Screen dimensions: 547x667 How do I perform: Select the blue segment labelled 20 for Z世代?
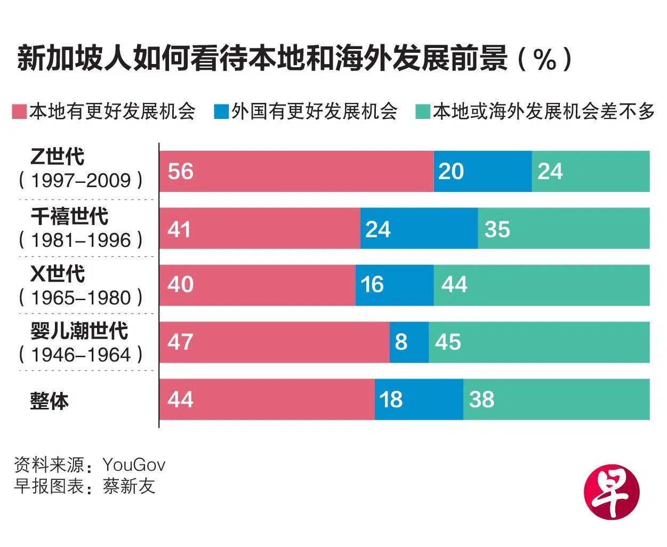coord(483,171)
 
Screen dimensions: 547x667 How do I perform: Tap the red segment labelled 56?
coord(296,171)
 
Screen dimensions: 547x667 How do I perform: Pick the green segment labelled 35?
coord(564,229)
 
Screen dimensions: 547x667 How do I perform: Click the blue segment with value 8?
coord(409,342)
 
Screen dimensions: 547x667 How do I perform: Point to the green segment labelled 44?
coord(541,285)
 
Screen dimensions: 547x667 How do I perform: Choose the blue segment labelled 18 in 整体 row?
coord(419,399)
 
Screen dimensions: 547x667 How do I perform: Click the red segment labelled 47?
coord(275,342)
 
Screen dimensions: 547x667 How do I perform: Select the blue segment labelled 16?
coord(395,285)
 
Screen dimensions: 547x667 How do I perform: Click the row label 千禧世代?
coord(69,216)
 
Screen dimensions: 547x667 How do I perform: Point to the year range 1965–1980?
coord(81,297)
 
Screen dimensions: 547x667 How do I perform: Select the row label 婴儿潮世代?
coord(79,331)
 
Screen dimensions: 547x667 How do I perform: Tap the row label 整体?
coord(50,400)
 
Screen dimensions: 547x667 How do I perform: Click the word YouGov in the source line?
coord(134,465)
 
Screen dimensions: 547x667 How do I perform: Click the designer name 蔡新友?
coord(129,486)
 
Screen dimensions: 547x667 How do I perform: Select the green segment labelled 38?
coord(556,399)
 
